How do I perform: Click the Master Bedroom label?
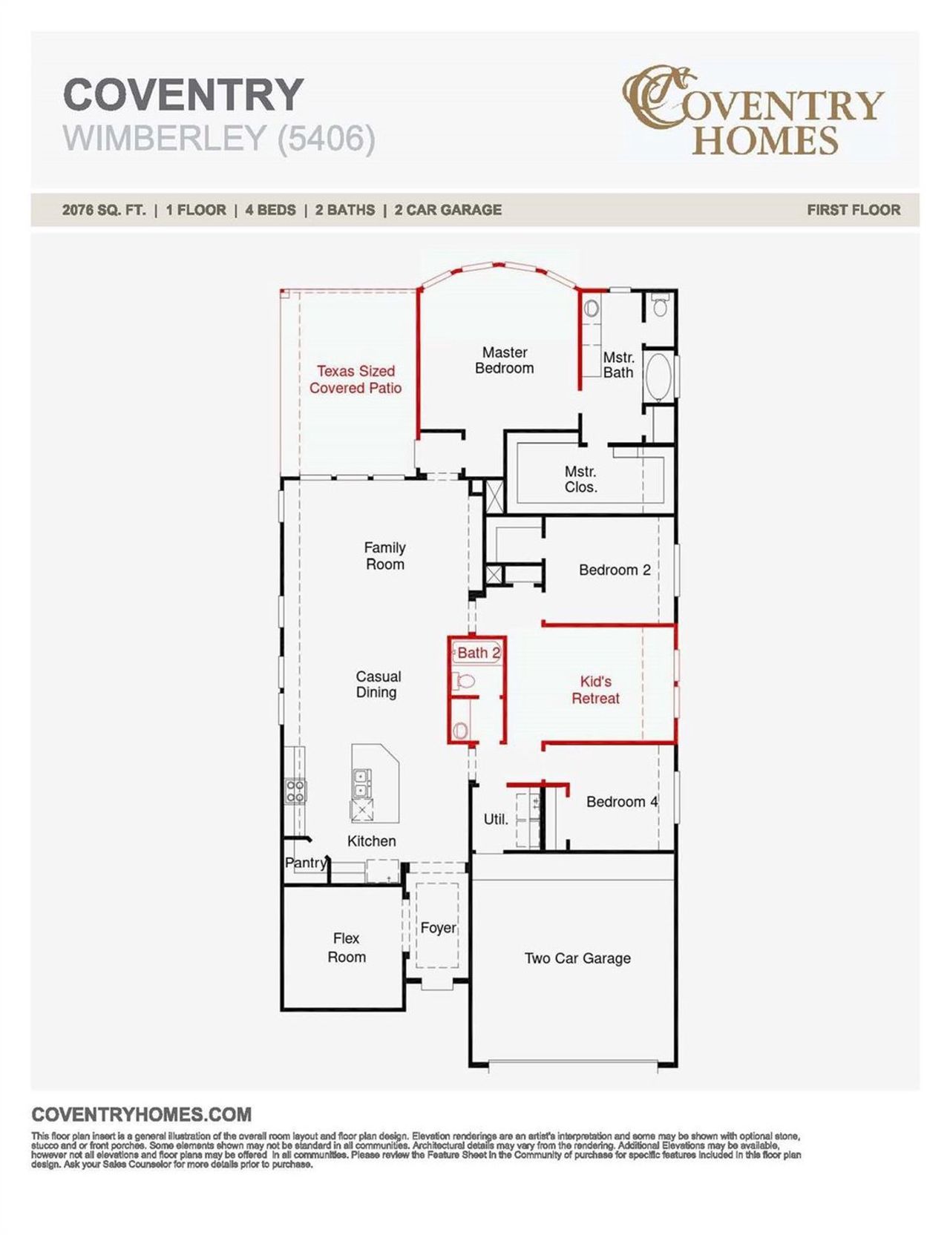[504, 360]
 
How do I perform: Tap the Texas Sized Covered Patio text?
[356, 379]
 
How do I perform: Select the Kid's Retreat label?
[595, 690]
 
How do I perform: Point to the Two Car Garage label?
[577, 958]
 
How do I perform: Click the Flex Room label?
[347, 948]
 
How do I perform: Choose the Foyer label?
[438, 928]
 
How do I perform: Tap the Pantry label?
[306, 863]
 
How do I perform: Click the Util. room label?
[496, 820]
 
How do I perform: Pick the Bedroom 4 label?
[621, 802]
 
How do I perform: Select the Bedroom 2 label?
[615, 570]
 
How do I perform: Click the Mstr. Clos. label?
[580, 479]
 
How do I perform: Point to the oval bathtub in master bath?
[658, 378]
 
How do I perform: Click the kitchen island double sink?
[361, 778]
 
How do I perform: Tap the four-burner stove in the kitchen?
[295, 791]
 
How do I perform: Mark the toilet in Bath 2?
[465, 681]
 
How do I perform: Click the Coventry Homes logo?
[753, 111]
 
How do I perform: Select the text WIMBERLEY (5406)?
[219, 139]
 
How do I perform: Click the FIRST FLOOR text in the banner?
[854, 210]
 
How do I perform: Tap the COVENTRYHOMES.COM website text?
[142, 1114]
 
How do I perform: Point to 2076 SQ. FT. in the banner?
[104, 210]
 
